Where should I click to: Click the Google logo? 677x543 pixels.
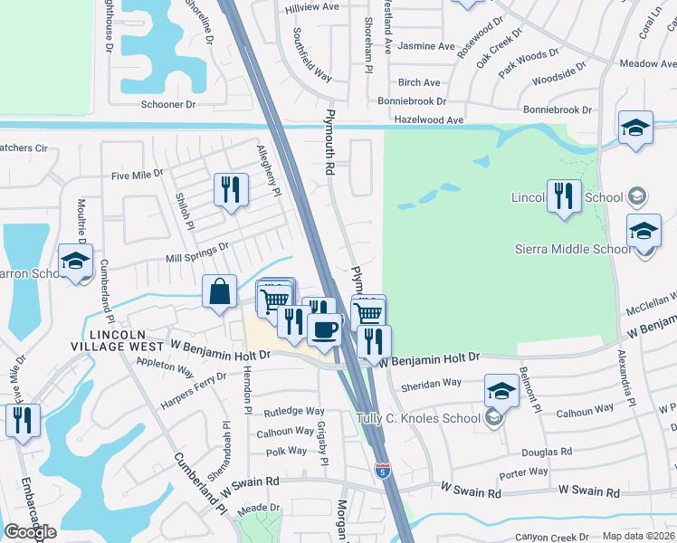pos(30,532)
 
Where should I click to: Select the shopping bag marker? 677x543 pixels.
pos(219,292)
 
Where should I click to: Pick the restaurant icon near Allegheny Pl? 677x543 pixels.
pos(231,190)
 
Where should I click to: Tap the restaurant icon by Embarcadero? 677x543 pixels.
pos(23,420)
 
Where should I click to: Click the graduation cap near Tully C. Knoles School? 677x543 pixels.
pos(501,391)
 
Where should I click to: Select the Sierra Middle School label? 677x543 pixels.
pos(572,249)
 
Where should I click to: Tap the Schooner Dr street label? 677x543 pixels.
pos(168,105)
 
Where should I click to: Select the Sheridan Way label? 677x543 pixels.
pos(431,384)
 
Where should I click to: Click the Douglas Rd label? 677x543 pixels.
pos(548,452)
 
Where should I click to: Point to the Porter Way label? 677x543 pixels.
pos(524,472)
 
